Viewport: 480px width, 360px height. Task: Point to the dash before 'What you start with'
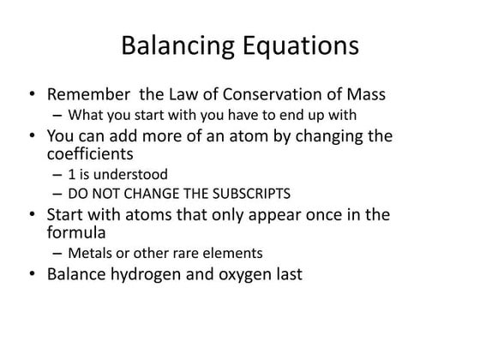pyautogui.click(x=57, y=115)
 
